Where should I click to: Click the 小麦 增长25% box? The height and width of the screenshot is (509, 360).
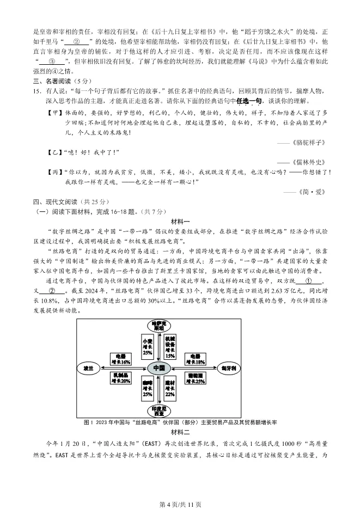[x=147, y=345]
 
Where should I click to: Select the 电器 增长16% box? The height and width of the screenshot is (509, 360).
[x=120, y=359]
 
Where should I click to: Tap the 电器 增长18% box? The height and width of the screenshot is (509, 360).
[x=196, y=359]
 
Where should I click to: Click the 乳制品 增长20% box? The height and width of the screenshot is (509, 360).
[x=120, y=378]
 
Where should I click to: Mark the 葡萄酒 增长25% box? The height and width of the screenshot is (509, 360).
[x=196, y=378]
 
